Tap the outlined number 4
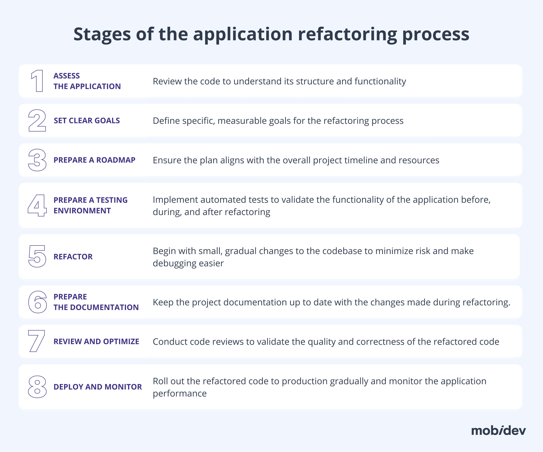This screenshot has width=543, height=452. click(x=38, y=205)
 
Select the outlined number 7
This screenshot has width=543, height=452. click(x=36, y=341)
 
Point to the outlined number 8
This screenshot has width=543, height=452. click(x=37, y=387)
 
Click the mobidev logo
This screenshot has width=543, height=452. click(x=498, y=431)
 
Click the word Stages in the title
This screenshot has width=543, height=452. click(x=102, y=34)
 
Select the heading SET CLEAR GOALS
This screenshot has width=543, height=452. click(x=87, y=120)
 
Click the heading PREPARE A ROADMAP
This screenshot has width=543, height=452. click(x=94, y=160)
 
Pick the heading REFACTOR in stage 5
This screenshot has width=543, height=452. click(x=73, y=257)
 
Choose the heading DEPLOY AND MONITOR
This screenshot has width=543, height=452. click(x=98, y=387)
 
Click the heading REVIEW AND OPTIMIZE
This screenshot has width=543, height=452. click(x=96, y=341)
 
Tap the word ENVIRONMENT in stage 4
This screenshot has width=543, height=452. click(x=82, y=211)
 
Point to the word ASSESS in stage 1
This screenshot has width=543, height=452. click(x=66, y=76)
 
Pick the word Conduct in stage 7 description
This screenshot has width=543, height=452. click(x=169, y=342)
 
